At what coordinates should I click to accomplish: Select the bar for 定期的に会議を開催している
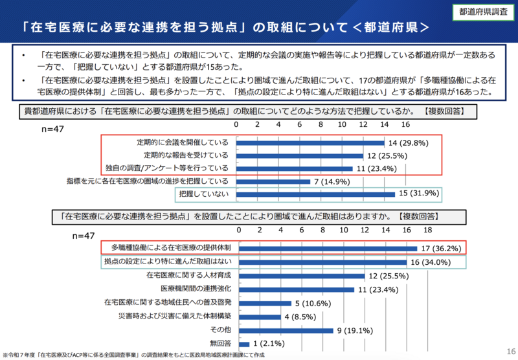click(310, 142)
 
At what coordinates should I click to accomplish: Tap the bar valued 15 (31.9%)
click(315, 194)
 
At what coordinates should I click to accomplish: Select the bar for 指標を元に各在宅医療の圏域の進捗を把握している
click(273, 181)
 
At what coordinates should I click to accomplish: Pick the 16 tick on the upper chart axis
click(405, 124)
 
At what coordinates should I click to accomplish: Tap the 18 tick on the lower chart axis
click(427, 230)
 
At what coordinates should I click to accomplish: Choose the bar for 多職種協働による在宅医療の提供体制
click(328, 248)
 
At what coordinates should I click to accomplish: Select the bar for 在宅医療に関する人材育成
click(302, 275)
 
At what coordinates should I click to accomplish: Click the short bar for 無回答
click(244, 343)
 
